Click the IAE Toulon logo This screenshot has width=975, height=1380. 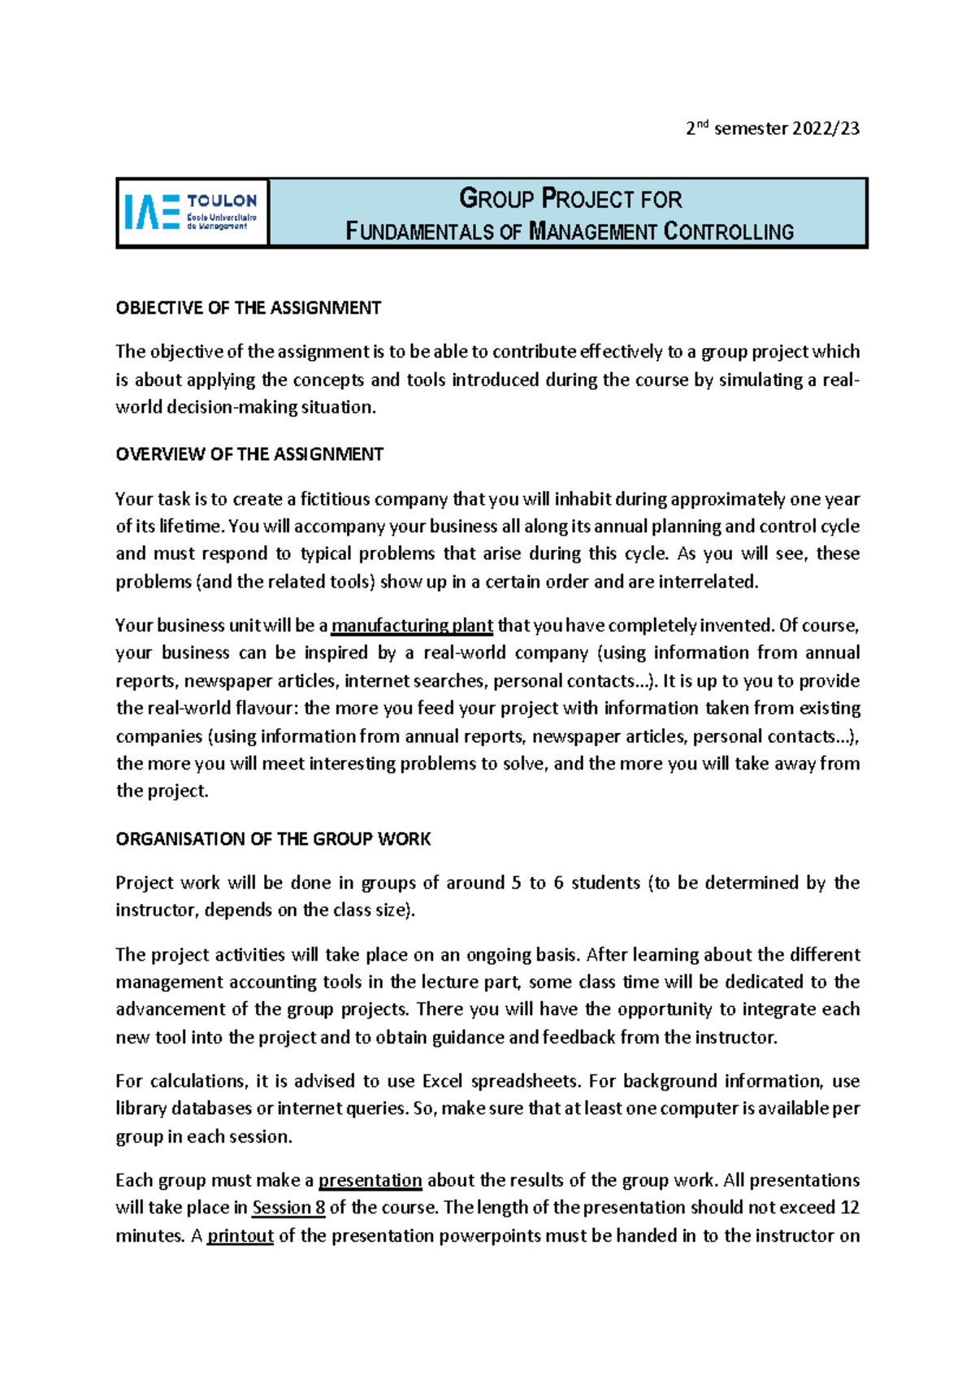pos(192,212)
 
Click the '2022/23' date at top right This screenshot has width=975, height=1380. pos(825,128)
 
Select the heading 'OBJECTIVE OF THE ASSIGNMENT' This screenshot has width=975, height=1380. pos(248,308)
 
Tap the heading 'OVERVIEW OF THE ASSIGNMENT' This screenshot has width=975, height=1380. pos(249,454)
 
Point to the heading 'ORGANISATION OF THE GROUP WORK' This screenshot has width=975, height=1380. pos(273,839)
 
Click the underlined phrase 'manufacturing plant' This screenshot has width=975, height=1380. pos(412,626)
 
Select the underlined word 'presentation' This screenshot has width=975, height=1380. pos(370,1180)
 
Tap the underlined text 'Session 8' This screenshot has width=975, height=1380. pos(288,1208)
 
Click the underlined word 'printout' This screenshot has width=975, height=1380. pos(240,1236)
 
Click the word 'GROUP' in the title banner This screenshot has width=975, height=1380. pos(496,198)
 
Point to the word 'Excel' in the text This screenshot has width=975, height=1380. pos(443,1081)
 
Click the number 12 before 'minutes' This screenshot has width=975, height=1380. pos(850,1208)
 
